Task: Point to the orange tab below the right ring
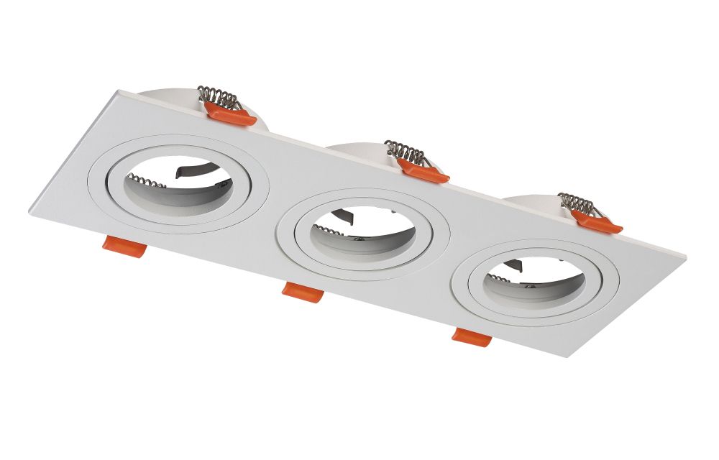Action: [x=472, y=335]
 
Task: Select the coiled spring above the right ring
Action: [x=578, y=203]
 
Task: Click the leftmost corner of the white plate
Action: [x=30, y=209]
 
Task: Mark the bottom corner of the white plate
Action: [x=568, y=356]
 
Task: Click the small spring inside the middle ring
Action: [x=327, y=231]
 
